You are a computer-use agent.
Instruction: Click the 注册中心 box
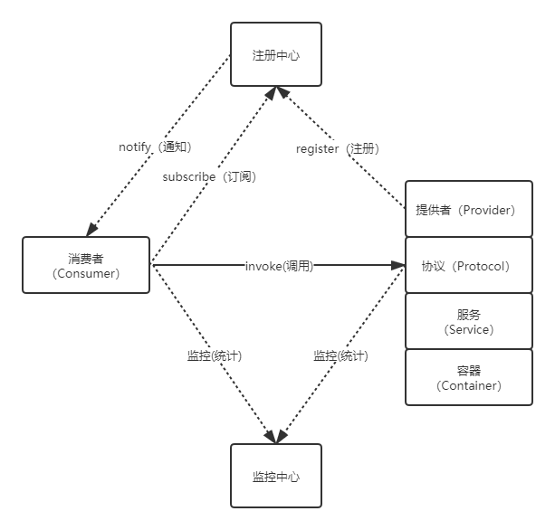(275, 55)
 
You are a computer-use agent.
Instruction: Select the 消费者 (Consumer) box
(86, 265)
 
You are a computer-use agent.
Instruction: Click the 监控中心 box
(275, 476)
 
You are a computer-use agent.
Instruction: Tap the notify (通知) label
(155, 147)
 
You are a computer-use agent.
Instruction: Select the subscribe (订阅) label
(209, 176)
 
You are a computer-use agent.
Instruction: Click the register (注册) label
(337, 148)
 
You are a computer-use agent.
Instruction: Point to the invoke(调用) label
(279, 266)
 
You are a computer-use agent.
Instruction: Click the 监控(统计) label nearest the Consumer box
(214, 355)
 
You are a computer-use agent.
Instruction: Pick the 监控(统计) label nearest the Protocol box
(340, 355)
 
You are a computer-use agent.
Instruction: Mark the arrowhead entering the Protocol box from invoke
(398, 266)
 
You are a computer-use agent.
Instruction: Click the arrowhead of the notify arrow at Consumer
(91, 231)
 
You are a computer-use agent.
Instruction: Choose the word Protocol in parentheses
(481, 266)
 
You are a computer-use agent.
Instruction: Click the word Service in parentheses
(469, 329)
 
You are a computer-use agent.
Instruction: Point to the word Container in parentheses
(469, 385)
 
